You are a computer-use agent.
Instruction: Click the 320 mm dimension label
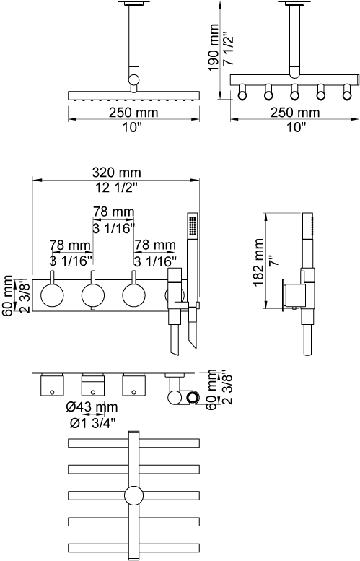(x=117, y=173)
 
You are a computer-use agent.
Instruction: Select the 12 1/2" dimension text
(x=117, y=187)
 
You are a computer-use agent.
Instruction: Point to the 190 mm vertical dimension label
(x=214, y=48)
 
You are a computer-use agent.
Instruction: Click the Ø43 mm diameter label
(x=92, y=406)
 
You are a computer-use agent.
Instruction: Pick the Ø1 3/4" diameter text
(x=93, y=423)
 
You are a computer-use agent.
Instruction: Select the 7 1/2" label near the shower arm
(x=228, y=48)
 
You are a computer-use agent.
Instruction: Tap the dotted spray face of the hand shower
(x=193, y=225)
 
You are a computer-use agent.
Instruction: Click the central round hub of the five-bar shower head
(x=133, y=496)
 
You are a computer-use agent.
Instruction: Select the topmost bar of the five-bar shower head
(x=133, y=443)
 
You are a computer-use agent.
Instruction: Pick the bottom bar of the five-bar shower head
(x=133, y=548)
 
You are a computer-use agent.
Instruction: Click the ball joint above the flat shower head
(x=134, y=80)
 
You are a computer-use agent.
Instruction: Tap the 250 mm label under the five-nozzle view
(x=295, y=113)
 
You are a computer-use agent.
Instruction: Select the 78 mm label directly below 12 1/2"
(x=114, y=212)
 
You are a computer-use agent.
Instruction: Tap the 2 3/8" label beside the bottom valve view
(x=228, y=389)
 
